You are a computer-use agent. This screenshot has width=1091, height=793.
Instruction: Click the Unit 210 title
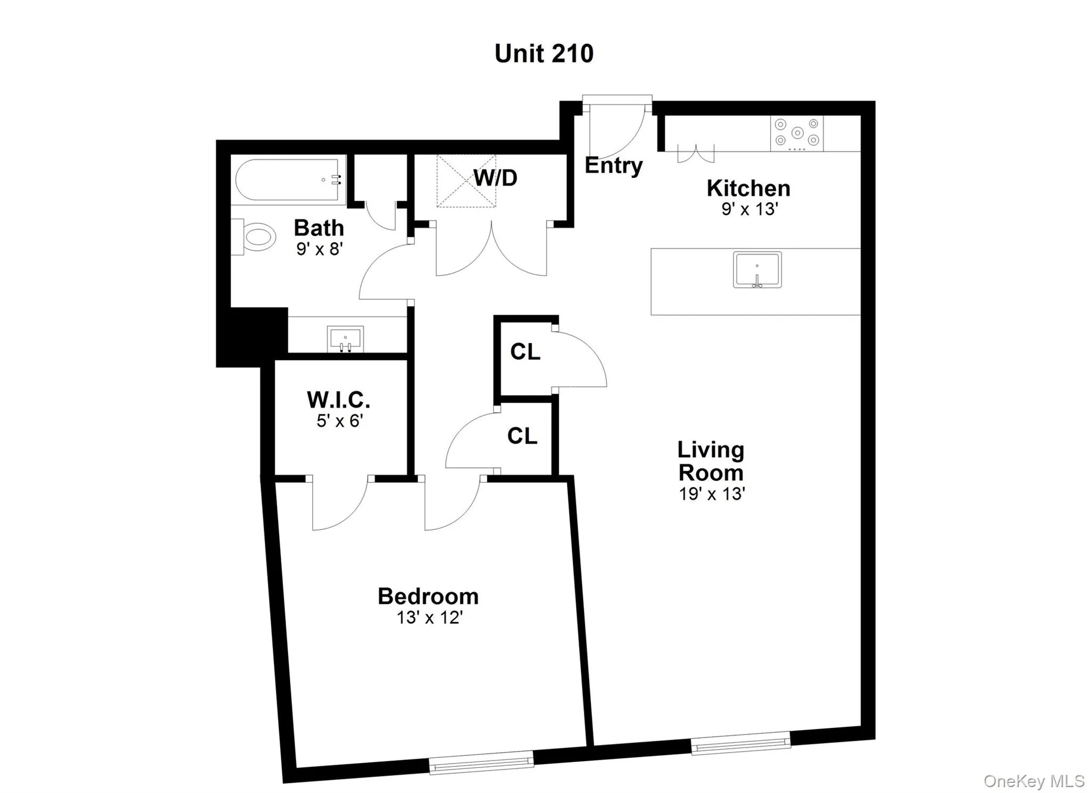(x=544, y=54)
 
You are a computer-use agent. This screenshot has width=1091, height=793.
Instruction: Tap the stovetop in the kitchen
(x=796, y=133)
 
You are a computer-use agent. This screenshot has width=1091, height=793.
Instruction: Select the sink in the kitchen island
(x=757, y=269)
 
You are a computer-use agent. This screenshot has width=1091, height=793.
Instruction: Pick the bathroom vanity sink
(x=345, y=339)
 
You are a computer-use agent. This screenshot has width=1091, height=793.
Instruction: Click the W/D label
(x=495, y=178)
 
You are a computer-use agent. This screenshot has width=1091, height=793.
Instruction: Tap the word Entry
(x=614, y=166)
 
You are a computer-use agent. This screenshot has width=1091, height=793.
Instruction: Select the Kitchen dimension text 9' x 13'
(x=750, y=209)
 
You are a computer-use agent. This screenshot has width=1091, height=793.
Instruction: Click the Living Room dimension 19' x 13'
(x=711, y=494)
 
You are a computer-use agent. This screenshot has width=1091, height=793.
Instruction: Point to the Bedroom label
(x=428, y=596)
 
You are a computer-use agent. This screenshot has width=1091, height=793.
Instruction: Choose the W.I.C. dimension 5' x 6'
(x=339, y=421)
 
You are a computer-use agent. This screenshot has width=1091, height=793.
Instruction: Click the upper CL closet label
(x=525, y=351)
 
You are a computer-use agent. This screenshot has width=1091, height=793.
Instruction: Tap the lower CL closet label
(x=522, y=436)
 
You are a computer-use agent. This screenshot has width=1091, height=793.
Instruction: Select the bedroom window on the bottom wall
(x=481, y=762)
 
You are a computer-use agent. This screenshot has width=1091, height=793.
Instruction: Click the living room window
(x=740, y=743)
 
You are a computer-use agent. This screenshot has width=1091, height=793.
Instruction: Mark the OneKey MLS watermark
(x=1033, y=781)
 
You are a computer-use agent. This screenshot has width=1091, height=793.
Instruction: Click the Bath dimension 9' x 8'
(x=319, y=249)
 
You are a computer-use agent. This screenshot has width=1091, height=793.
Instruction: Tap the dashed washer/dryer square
(x=466, y=181)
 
